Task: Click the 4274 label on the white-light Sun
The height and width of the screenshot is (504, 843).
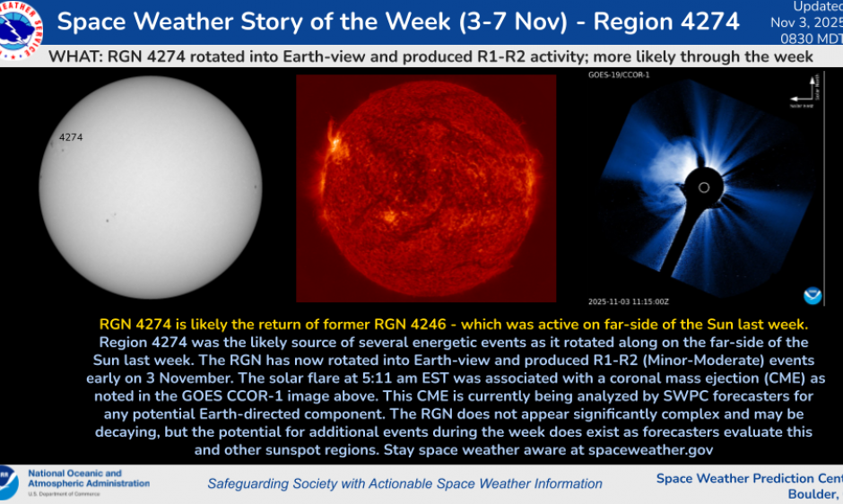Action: [x=70, y=137]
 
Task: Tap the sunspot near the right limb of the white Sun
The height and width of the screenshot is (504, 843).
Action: [x=256, y=190]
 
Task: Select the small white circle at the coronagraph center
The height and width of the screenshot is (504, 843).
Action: [x=704, y=188]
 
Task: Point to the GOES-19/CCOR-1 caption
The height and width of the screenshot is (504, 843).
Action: [x=619, y=76]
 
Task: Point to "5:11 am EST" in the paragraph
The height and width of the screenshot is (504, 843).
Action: [x=496, y=379]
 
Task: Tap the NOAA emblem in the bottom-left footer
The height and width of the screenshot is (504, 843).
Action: [x=8, y=482]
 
